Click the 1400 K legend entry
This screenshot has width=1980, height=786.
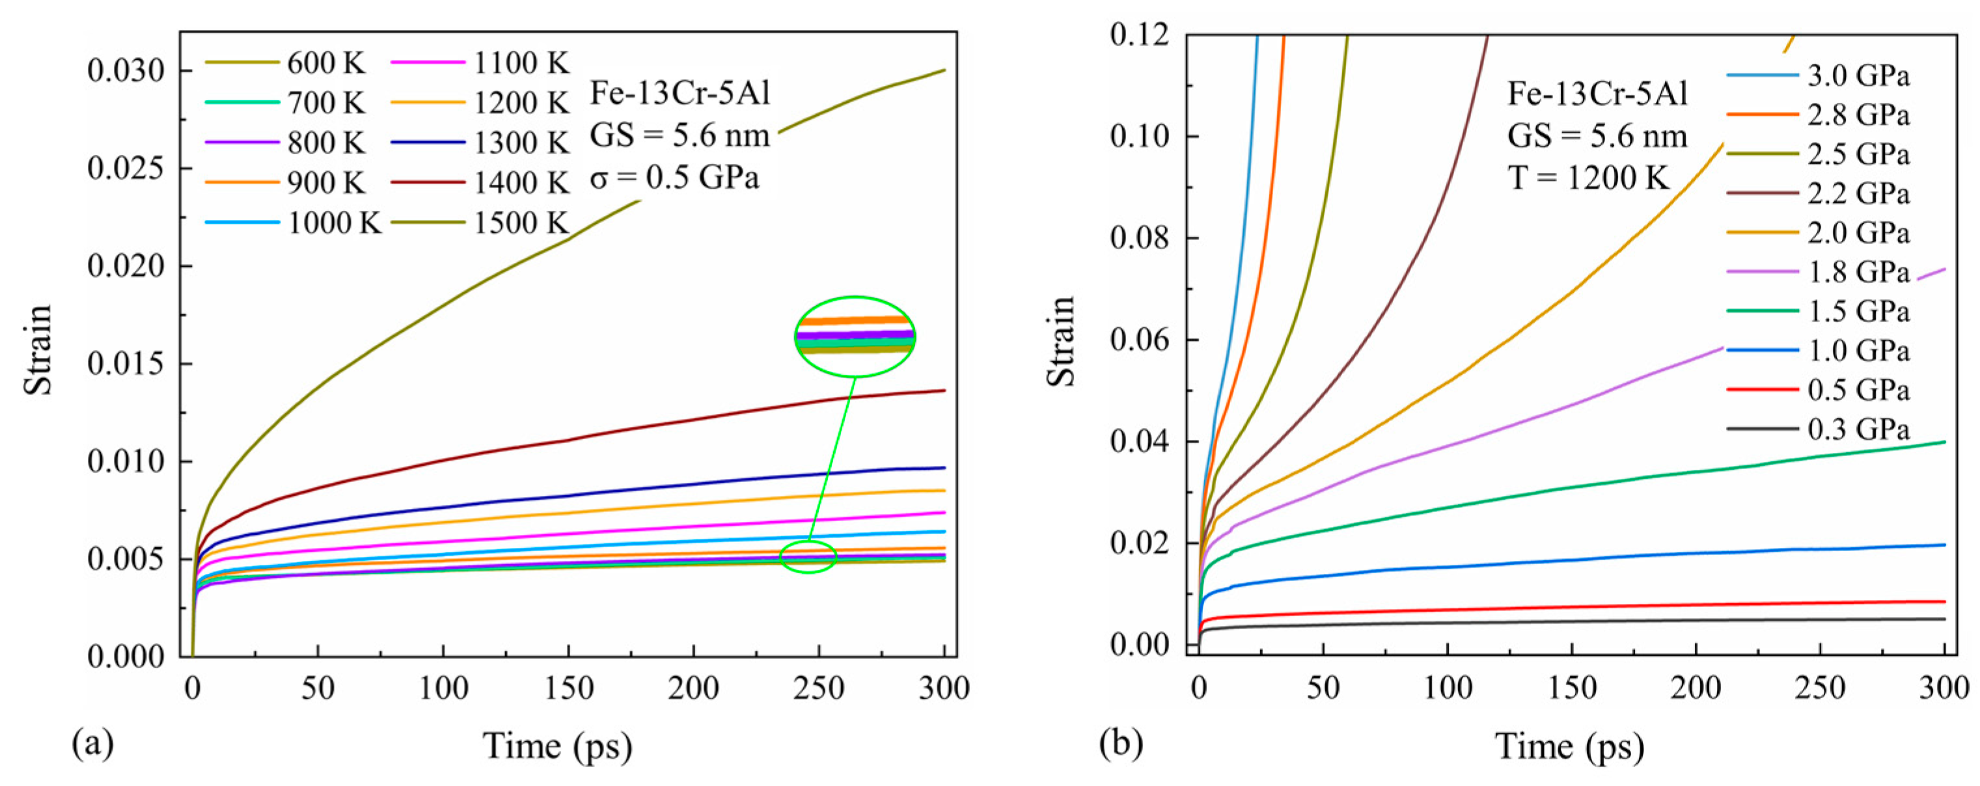pos(521,183)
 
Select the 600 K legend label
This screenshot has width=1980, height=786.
pos(326,63)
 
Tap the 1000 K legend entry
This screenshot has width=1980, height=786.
pos(334,223)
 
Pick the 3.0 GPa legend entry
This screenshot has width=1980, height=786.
pos(1858,76)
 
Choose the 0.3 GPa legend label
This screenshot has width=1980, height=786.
pos(1858,429)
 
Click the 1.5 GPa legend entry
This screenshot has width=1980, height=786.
pos(1858,311)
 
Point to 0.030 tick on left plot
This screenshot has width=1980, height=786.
pos(126,71)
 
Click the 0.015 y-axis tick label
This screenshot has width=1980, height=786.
pos(126,364)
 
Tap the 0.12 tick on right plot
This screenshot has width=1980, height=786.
pos(1139,34)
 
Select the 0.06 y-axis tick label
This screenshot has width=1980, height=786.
pos(1139,340)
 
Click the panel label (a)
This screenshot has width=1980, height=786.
pos(92,743)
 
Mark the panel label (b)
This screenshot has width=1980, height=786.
pos(1121,743)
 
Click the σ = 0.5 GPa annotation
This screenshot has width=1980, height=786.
pos(674,178)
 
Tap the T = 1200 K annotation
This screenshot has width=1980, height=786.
pos(1588,178)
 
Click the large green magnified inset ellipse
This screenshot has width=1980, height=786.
pos(855,336)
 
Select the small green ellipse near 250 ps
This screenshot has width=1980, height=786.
pos(808,557)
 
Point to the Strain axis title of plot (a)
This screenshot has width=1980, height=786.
pos(37,349)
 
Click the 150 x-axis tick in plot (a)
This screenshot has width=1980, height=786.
pos(569,688)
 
